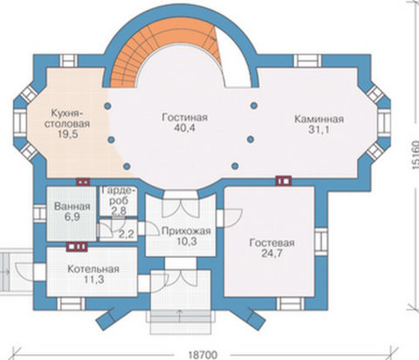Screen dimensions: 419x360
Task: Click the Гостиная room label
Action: coord(185,117)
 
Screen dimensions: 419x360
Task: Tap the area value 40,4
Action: coord(184,128)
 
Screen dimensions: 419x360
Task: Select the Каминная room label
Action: coord(319,119)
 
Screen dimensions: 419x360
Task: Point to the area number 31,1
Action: coord(319,129)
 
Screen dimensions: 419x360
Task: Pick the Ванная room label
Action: coord(72,206)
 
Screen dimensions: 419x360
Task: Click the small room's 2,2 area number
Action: coord(127,234)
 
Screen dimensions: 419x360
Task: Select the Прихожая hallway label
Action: coord(186,231)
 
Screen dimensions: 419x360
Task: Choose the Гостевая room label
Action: coord(271,243)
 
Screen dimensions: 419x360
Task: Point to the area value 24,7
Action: coord(271,253)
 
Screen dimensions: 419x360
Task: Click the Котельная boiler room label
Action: coord(93,269)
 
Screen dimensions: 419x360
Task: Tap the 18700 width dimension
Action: coord(203,355)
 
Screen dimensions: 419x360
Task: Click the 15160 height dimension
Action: coord(415,156)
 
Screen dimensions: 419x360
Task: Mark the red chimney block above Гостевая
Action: coord(284,181)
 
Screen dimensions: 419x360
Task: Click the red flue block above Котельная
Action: coord(77,246)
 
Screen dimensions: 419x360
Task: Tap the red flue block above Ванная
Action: coord(83,182)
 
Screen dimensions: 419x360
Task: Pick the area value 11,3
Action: coord(93,280)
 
